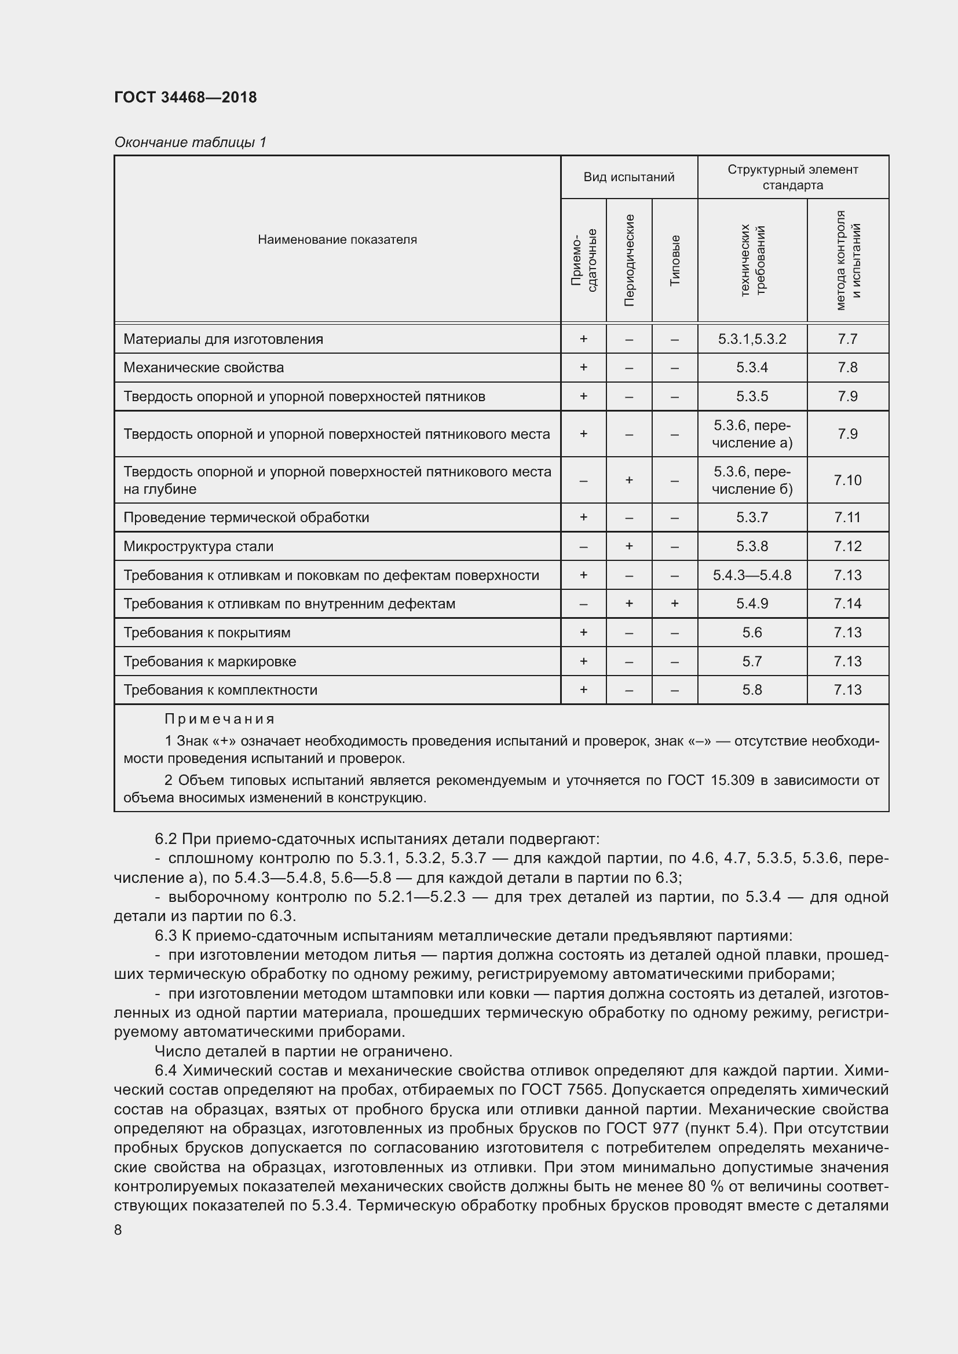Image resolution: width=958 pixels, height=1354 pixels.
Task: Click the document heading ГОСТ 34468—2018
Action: click(x=185, y=97)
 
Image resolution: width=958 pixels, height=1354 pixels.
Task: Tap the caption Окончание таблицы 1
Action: click(x=190, y=142)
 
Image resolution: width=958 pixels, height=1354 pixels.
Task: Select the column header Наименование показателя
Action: click(x=337, y=240)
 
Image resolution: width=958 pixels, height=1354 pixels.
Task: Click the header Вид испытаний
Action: click(x=628, y=177)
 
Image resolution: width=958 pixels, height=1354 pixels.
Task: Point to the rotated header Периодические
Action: click(x=629, y=260)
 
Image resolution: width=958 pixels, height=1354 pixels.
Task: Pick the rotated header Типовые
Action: click(x=675, y=260)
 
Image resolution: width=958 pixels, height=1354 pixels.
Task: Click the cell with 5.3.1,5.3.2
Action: click(x=752, y=339)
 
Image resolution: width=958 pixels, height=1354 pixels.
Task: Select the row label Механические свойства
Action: click(x=203, y=368)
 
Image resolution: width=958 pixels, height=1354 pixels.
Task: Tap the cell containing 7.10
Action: click(x=847, y=480)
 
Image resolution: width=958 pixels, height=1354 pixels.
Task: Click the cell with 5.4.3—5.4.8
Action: click(x=752, y=575)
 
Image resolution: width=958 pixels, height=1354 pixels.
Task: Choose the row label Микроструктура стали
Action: click(x=198, y=546)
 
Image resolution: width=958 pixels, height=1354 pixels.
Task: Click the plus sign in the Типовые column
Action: click(x=675, y=603)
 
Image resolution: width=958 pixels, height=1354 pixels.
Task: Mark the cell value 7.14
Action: click(x=847, y=603)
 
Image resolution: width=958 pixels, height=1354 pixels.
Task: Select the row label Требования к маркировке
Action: click(x=210, y=661)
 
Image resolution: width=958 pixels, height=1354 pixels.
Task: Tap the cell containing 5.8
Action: click(x=752, y=689)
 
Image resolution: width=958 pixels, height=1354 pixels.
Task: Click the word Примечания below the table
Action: click(x=220, y=719)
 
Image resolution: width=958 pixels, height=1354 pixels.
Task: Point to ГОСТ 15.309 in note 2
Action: click(x=710, y=780)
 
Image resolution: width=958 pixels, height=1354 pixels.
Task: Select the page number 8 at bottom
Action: click(x=118, y=1230)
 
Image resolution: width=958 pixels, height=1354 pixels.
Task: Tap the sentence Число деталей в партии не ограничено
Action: click(x=303, y=1051)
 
